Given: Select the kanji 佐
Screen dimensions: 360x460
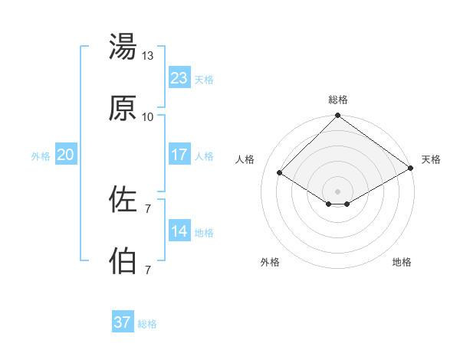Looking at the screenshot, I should coord(123,199).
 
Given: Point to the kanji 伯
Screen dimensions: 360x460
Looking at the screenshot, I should coord(123,261).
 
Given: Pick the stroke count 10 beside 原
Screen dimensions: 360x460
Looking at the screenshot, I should coord(148,117).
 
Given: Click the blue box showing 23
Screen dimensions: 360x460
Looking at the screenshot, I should coord(179,77).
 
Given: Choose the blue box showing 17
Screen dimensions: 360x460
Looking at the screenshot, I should coord(179,154).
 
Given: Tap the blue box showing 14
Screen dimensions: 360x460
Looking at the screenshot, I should coord(179,231).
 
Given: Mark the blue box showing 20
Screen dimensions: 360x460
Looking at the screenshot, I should coord(65,154).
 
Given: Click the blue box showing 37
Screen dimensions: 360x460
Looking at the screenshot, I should coord(122,322).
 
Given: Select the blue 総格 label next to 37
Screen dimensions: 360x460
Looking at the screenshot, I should coord(147,324).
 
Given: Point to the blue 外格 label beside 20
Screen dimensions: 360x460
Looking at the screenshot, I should coord(41,155).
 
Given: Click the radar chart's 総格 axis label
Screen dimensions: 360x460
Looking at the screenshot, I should coord(337,100).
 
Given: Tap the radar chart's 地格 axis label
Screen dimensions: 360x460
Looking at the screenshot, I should coord(402,262).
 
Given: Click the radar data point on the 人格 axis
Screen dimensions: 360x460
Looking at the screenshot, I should coord(280,173).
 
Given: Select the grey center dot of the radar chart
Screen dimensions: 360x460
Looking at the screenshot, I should coord(337,191).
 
